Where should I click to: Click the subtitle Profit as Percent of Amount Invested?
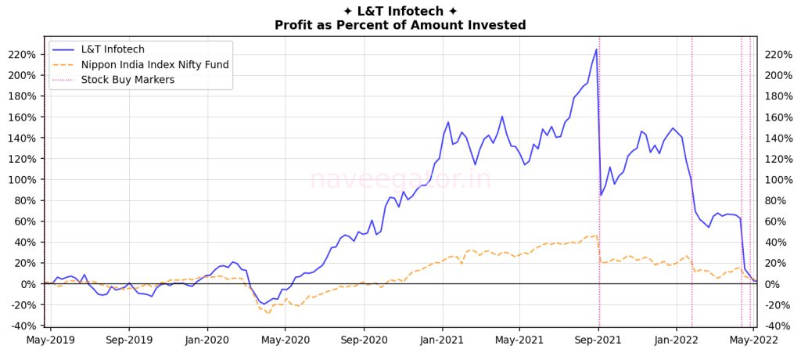pyautogui.click(x=400, y=25)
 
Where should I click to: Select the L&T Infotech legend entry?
pyautogui.click(x=113, y=49)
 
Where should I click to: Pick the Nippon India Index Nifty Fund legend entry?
pyautogui.click(x=155, y=64)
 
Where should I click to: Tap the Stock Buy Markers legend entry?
pyautogui.click(x=128, y=79)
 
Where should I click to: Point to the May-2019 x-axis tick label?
pyautogui.click(x=51, y=340)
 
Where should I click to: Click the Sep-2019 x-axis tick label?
pyautogui.click(x=129, y=340)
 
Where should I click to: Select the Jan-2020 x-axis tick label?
pyautogui.click(x=207, y=340)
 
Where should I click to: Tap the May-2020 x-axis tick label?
pyautogui.click(x=285, y=340)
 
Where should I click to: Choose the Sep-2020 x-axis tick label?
pyautogui.click(x=363, y=340)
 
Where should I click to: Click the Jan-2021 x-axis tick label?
pyautogui.click(x=442, y=340)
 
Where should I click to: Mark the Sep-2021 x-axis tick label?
pyautogui.click(x=598, y=340)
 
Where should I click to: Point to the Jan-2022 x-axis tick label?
pyautogui.click(x=677, y=340)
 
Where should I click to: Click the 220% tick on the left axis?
pyautogui.click(x=24, y=55)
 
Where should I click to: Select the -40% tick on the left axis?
pyautogui.click(x=24, y=326)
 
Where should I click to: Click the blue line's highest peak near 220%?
pyautogui.click(x=596, y=49)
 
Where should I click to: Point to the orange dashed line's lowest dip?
pyautogui.click(x=268, y=313)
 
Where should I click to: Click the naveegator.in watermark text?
pyautogui.click(x=400, y=180)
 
